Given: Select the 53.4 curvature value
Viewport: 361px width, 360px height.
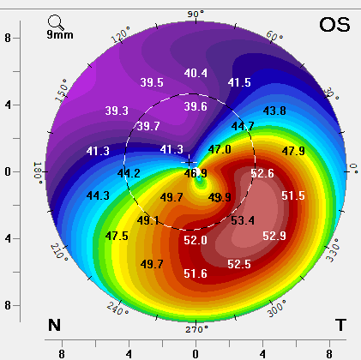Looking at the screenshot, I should point(243,220).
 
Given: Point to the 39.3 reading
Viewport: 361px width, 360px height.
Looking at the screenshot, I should point(117,111).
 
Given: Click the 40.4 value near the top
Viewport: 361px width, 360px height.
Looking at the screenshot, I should point(196,73).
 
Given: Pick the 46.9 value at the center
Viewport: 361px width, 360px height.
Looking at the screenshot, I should point(196,173).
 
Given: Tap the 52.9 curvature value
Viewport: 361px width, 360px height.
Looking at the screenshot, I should point(274,236).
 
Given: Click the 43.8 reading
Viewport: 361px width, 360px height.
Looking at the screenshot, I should point(274,111).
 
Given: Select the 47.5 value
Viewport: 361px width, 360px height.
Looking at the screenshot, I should point(117,236).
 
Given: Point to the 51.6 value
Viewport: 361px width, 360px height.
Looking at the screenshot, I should point(196,273).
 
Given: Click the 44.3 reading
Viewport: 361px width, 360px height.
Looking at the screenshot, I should point(98,196).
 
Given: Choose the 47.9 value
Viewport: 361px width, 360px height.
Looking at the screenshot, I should point(293,152).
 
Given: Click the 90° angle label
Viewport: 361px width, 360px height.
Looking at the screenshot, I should point(196,15).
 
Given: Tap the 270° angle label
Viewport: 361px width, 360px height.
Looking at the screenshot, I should point(196,328).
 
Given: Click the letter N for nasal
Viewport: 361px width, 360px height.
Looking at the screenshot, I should point(54,324).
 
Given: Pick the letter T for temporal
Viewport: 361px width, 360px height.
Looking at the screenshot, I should point(340,324).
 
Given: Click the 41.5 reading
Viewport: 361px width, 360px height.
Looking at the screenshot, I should point(239,83).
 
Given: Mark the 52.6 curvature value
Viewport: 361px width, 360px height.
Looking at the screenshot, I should point(262,174).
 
